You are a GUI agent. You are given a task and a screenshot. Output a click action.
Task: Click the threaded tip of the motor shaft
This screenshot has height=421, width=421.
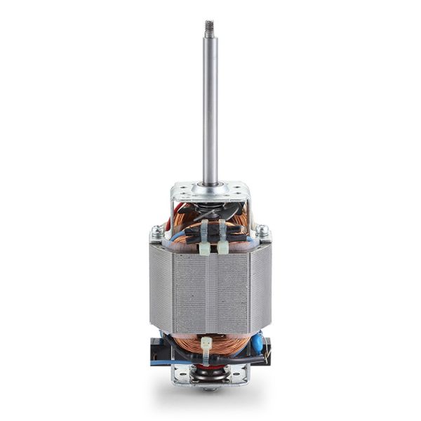pyautogui.click(x=209, y=27)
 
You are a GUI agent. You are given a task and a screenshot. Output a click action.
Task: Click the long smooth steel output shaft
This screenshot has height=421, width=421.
pyautogui.click(x=210, y=105)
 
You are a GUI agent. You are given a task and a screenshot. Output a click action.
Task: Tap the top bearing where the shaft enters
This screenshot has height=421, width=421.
pyautogui.click(x=210, y=186)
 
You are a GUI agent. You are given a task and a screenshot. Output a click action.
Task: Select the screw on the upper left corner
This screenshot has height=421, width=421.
pyautogui.click(x=156, y=230)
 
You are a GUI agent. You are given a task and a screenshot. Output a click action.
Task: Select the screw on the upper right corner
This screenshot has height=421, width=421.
pyautogui.click(x=262, y=230)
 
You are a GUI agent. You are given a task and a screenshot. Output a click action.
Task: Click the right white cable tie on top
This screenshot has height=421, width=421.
pyautogui.click(x=222, y=238)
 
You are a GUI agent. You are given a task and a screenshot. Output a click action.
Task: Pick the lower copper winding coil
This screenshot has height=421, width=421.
pyautogui.click(x=225, y=344)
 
